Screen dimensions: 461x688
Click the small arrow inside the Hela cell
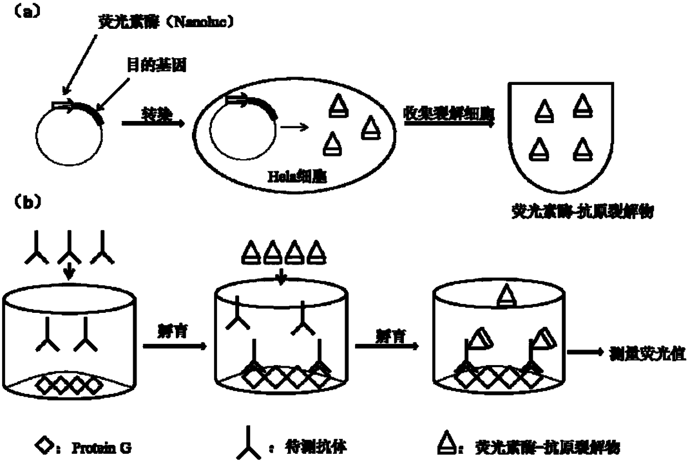point(294,128)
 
